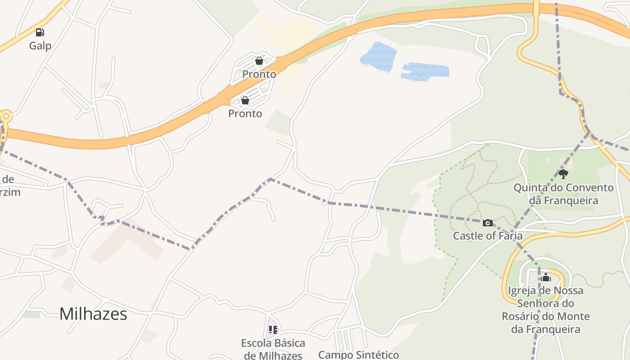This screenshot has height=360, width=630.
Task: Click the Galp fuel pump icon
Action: tap(40, 32)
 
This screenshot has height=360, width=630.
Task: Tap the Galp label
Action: tap(40, 45)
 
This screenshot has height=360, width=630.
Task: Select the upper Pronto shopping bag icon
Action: tap(259, 60)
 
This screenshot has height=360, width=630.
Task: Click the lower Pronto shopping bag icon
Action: tap(245, 100)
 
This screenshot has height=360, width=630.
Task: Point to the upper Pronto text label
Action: tap(259, 74)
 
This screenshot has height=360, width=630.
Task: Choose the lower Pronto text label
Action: tap(245, 113)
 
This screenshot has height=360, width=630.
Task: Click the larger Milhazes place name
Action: tap(93, 314)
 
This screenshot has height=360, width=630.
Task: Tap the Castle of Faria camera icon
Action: tap(487, 223)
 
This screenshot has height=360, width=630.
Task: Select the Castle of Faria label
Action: tap(487, 236)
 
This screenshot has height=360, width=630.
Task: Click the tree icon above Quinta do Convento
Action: tap(563, 174)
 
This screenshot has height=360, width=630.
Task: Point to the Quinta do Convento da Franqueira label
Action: tap(563, 194)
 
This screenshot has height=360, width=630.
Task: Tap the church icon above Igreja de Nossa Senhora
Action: tap(546, 277)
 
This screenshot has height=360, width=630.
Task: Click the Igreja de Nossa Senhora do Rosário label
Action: tap(545, 310)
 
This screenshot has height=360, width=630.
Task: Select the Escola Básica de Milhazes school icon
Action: tap(273, 330)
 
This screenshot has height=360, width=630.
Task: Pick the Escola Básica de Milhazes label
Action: tap(273, 349)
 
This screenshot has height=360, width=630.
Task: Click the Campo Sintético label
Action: tap(358, 355)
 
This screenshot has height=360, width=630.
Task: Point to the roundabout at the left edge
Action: tap(5, 117)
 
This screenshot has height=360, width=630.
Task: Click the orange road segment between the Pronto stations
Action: tap(252, 81)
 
